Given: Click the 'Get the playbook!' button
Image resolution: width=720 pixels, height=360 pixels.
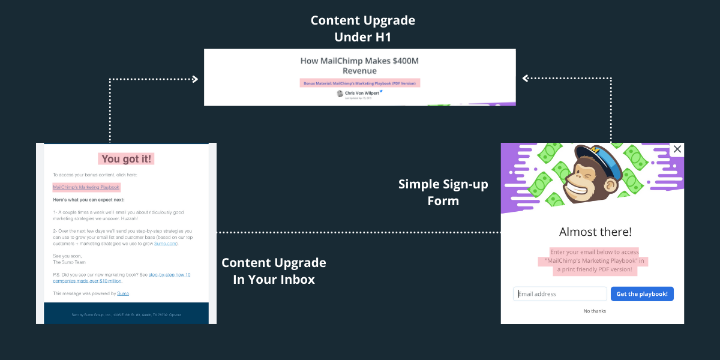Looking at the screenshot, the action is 642,294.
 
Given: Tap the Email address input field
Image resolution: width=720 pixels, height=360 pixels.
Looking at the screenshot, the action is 560,294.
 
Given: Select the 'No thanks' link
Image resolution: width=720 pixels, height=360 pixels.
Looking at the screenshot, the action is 595,311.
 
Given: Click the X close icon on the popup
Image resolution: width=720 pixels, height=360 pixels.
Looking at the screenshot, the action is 677,149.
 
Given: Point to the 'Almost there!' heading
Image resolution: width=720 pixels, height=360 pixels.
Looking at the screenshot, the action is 595,232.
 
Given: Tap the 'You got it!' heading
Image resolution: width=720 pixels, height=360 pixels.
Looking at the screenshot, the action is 127,159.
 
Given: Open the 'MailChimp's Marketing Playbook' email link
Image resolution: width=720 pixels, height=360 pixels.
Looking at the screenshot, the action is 86,187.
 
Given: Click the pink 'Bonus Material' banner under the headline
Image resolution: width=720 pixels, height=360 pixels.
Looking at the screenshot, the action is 360,83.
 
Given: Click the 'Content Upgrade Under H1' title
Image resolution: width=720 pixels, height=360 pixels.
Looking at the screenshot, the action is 362,29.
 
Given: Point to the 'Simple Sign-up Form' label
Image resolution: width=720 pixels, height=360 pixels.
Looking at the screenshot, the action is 443,192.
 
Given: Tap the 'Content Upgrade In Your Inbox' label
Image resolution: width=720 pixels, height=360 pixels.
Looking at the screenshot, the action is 274,271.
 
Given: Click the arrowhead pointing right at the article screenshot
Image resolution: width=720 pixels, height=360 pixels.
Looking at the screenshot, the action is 194,79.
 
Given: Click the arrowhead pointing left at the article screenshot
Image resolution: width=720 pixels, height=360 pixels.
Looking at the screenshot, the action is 526,78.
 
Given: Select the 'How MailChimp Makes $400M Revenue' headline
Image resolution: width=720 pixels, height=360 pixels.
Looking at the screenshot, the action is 360,65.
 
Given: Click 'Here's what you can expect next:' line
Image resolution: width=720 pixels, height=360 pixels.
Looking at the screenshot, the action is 88,200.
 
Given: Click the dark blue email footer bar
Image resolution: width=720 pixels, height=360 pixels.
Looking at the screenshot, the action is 126,314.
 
